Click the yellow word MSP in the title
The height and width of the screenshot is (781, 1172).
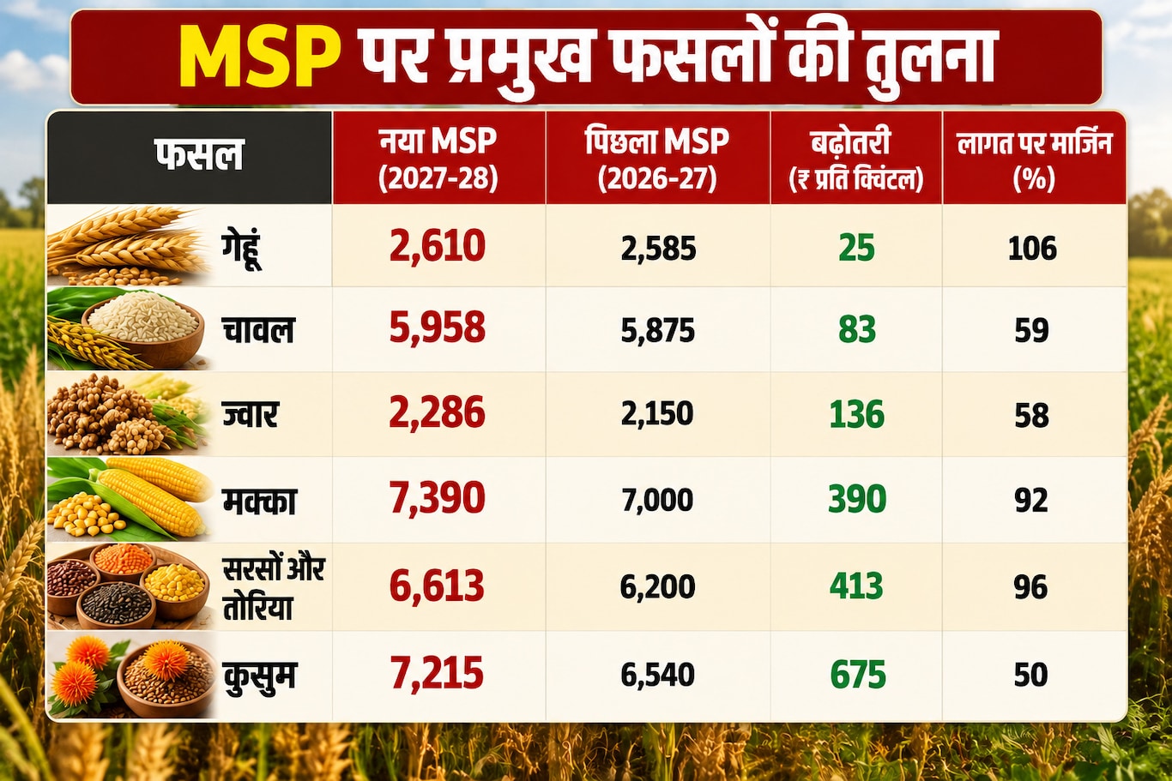[x=259, y=57]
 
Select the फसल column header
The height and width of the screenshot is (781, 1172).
[x=199, y=154]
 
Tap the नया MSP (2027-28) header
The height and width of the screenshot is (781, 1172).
[x=438, y=159]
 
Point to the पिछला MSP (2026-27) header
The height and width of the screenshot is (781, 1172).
[x=657, y=159]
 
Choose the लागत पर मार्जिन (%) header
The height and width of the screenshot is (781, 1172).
[x=1034, y=160]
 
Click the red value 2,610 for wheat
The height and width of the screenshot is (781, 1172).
[x=438, y=246]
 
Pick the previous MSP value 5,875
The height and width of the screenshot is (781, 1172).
[x=658, y=330]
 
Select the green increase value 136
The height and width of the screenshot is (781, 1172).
[x=856, y=415]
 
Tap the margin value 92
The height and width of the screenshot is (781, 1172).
[x=1031, y=501]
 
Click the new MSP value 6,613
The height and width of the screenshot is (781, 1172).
[x=437, y=586]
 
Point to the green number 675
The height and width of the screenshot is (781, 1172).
[x=858, y=675]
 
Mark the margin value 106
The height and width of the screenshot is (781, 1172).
[x=1032, y=249]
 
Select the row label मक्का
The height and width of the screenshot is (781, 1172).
[x=259, y=501]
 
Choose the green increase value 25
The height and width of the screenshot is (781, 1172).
[x=856, y=248]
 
